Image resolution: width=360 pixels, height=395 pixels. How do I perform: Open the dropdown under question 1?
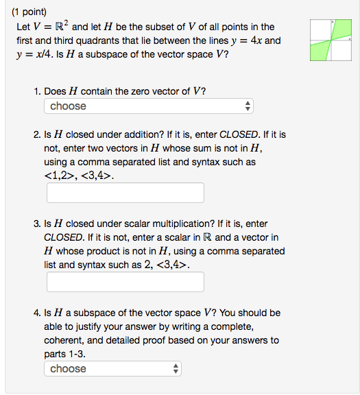point(149,106)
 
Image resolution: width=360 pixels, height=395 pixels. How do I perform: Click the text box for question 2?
point(125,193)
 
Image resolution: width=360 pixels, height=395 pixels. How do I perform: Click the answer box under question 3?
point(125,282)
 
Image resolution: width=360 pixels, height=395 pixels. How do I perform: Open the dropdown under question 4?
point(113,369)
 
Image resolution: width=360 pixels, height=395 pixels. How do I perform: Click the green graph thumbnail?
point(331,41)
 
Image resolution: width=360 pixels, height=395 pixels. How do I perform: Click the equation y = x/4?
point(36,54)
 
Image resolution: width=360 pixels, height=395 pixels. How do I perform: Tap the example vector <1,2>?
point(58,176)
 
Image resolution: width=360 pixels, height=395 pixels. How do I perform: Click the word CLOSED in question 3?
point(63,237)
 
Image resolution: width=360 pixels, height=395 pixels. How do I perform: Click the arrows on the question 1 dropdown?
point(248,106)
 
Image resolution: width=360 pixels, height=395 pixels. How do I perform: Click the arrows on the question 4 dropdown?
point(176,369)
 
